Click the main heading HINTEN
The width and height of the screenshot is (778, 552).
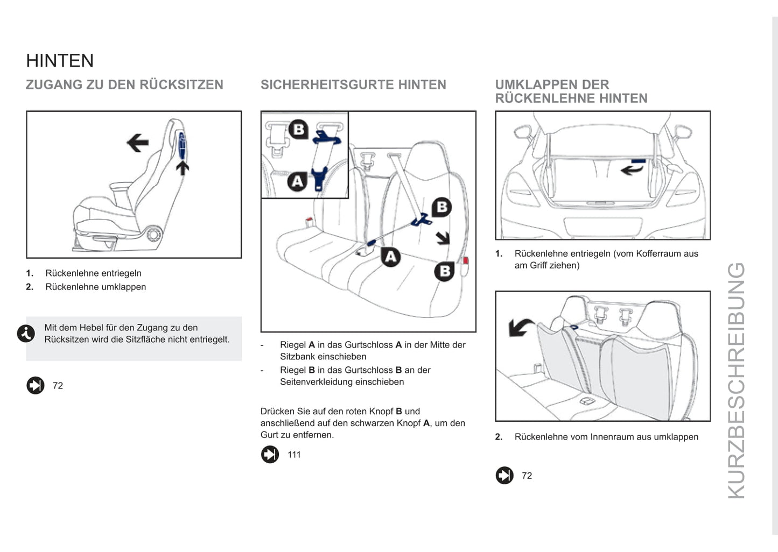(60, 61)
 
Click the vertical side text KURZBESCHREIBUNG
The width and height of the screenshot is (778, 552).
(736, 380)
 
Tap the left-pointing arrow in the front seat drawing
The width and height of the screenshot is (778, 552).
(137, 143)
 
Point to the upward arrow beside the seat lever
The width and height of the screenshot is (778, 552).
(183, 168)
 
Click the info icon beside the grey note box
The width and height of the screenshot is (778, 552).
(26, 334)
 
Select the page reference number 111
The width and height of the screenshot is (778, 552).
(294, 455)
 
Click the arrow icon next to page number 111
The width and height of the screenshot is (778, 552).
(270, 455)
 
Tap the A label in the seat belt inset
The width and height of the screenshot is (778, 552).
(297, 181)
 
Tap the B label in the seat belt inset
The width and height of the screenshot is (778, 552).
(298, 129)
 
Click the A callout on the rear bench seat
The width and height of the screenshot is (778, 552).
(391, 257)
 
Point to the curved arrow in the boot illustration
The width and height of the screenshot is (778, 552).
(632, 170)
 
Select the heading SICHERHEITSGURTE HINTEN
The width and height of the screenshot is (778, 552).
(353, 85)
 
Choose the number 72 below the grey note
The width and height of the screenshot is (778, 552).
(58, 386)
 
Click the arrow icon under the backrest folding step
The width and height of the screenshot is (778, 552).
(504, 476)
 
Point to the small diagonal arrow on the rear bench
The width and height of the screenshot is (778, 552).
(443, 238)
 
